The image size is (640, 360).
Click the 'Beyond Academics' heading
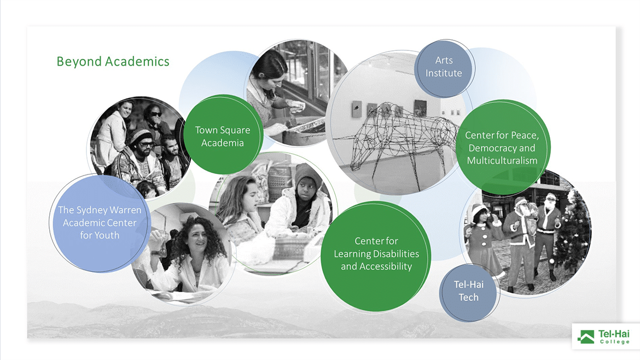click(x=113, y=62)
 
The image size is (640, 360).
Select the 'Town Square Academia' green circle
click(x=223, y=135)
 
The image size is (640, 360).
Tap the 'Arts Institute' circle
click(x=444, y=68)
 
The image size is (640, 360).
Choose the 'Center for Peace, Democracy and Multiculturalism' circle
click(x=503, y=147)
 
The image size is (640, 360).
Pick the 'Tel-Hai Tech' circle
click(x=469, y=292)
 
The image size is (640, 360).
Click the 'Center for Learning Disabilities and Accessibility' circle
click(x=376, y=256)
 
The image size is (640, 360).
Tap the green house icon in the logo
click(x=586, y=336)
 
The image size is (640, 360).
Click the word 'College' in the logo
click(x=614, y=341)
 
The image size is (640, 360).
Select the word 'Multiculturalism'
click(x=502, y=161)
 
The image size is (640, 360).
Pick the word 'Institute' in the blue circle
click(x=444, y=73)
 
